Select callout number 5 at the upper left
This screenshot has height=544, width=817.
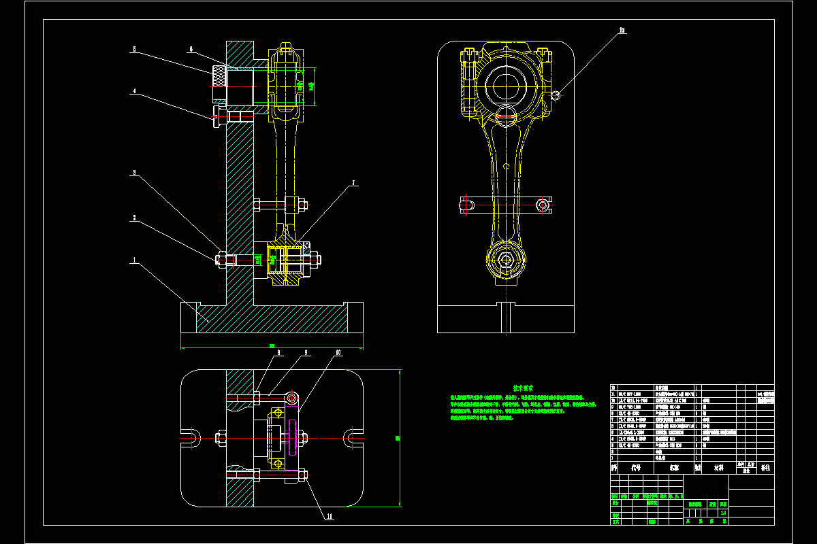(x=134, y=50)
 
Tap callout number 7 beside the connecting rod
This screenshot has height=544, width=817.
(x=354, y=183)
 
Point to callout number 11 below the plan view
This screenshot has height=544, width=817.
(x=330, y=516)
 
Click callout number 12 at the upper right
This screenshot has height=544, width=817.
(x=622, y=31)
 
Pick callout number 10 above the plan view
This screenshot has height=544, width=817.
(x=338, y=353)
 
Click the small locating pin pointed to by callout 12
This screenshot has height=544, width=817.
(x=556, y=95)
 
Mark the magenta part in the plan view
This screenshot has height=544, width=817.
(x=293, y=437)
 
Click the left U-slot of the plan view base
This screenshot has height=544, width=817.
(x=192, y=437)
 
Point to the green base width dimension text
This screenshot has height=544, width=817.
(x=272, y=346)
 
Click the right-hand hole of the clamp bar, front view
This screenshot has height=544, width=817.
(x=543, y=204)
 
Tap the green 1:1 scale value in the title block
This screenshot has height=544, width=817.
(x=723, y=513)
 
